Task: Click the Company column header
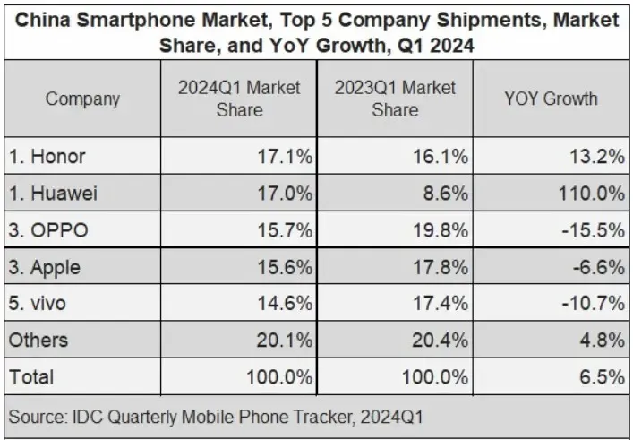(82, 99)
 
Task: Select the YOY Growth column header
(551, 99)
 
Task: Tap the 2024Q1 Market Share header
(239, 99)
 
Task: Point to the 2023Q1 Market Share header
(395, 99)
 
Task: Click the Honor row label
(47, 156)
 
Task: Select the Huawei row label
(53, 194)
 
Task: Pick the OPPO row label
(48, 230)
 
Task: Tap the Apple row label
(45, 267)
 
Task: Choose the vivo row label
(37, 304)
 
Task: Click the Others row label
(38, 341)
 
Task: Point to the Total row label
(31, 377)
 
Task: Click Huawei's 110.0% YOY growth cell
(592, 194)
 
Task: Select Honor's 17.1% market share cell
(285, 156)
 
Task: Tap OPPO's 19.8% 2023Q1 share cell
(441, 230)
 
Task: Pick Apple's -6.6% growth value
(599, 267)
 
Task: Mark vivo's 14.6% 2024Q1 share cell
(285, 304)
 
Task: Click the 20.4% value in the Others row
(441, 341)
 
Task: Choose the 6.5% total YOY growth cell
(603, 377)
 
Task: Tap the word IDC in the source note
(86, 417)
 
